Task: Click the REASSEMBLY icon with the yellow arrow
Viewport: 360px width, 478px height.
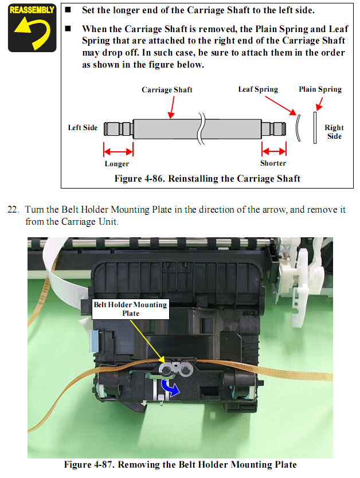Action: coord(32,28)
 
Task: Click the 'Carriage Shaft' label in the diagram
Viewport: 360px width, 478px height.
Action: coord(167,90)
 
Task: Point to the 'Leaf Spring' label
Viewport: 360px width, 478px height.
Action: coord(258,89)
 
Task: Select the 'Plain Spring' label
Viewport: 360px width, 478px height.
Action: coord(320,89)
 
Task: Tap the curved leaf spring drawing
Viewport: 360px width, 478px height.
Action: coord(297,128)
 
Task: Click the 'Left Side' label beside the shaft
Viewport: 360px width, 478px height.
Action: coord(83,127)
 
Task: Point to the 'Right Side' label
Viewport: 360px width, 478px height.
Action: coord(334,132)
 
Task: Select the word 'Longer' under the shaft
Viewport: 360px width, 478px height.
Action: coord(116,164)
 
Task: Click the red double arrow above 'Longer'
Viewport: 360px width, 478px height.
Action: coord(118,152)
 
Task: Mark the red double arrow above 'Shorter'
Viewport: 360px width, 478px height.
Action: coord(274,151)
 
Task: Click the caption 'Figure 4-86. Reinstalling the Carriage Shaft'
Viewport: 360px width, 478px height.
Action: coord(207,178)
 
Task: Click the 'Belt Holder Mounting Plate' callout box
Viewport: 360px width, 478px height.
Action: coord(131,309)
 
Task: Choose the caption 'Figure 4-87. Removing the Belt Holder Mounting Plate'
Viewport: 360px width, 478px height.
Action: coord(180,464)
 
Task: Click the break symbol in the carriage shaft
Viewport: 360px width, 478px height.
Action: coord(201,127)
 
